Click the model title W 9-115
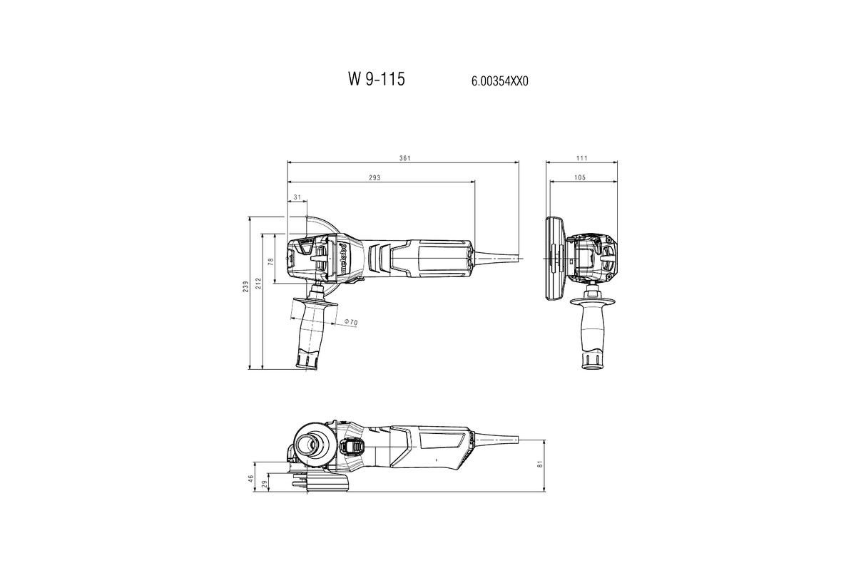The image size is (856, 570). (x=376, y=79)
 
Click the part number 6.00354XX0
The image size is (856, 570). (x=499, y=81)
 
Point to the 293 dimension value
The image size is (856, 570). (x=374, y=177)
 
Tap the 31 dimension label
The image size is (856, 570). (x=297, y=197)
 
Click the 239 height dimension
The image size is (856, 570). (x=246, y=286)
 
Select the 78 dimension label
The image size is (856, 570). (x=271, y=261)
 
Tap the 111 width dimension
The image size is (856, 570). (x=582, y=157)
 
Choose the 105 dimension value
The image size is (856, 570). (x=579, y=177)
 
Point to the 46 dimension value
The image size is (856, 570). (x=251, y=478)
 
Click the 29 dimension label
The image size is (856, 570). (x=265, y=484)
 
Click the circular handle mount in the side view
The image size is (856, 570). (x=312, y=444)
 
